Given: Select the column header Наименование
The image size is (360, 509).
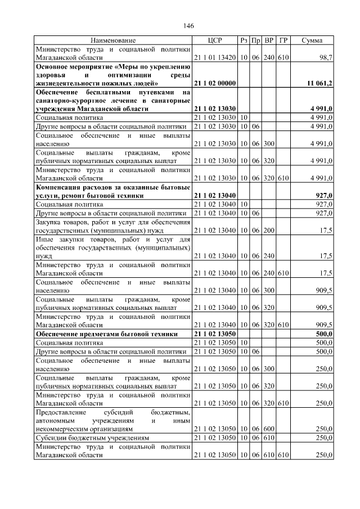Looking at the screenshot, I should tap(113, 40).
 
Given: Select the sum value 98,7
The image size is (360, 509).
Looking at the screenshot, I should tap(326, 57).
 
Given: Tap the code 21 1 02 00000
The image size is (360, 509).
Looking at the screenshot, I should tap(215, 83).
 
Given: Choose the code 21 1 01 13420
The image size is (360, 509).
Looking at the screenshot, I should tap(215, 57).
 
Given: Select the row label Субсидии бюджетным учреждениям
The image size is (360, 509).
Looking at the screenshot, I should tap(92, 437).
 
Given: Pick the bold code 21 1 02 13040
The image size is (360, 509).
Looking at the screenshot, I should tap(215, 195).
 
